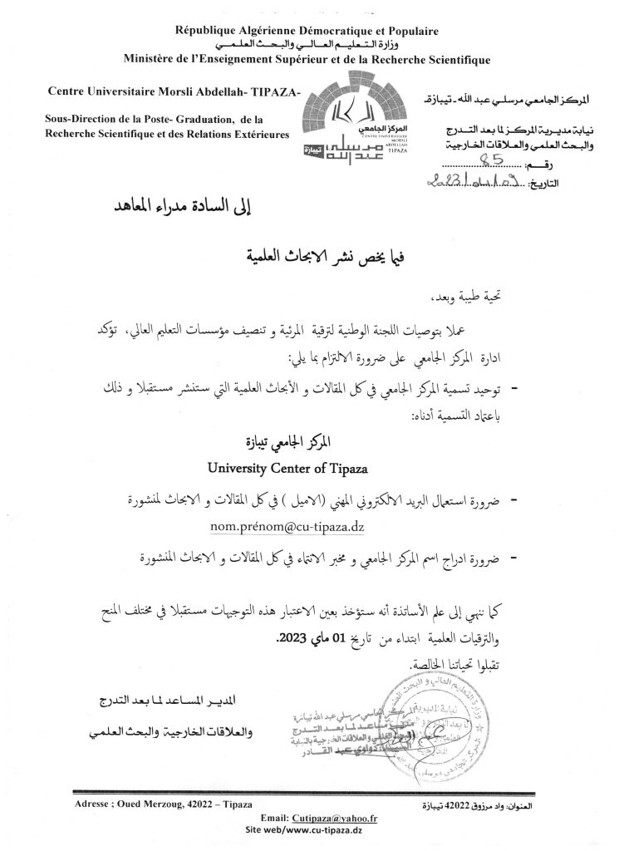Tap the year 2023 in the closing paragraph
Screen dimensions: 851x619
click(292, 641)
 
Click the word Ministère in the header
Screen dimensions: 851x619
click(150, 59)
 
